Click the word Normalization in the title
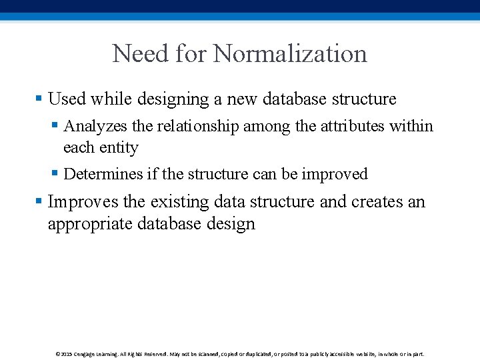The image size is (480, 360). click(x=290, y=53)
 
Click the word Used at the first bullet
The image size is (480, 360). click(x=67, y=99)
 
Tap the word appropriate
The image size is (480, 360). click(x=90, y=223)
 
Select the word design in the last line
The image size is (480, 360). click(x=231, y=223)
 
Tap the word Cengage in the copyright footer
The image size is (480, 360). click(x=85, y=354)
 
